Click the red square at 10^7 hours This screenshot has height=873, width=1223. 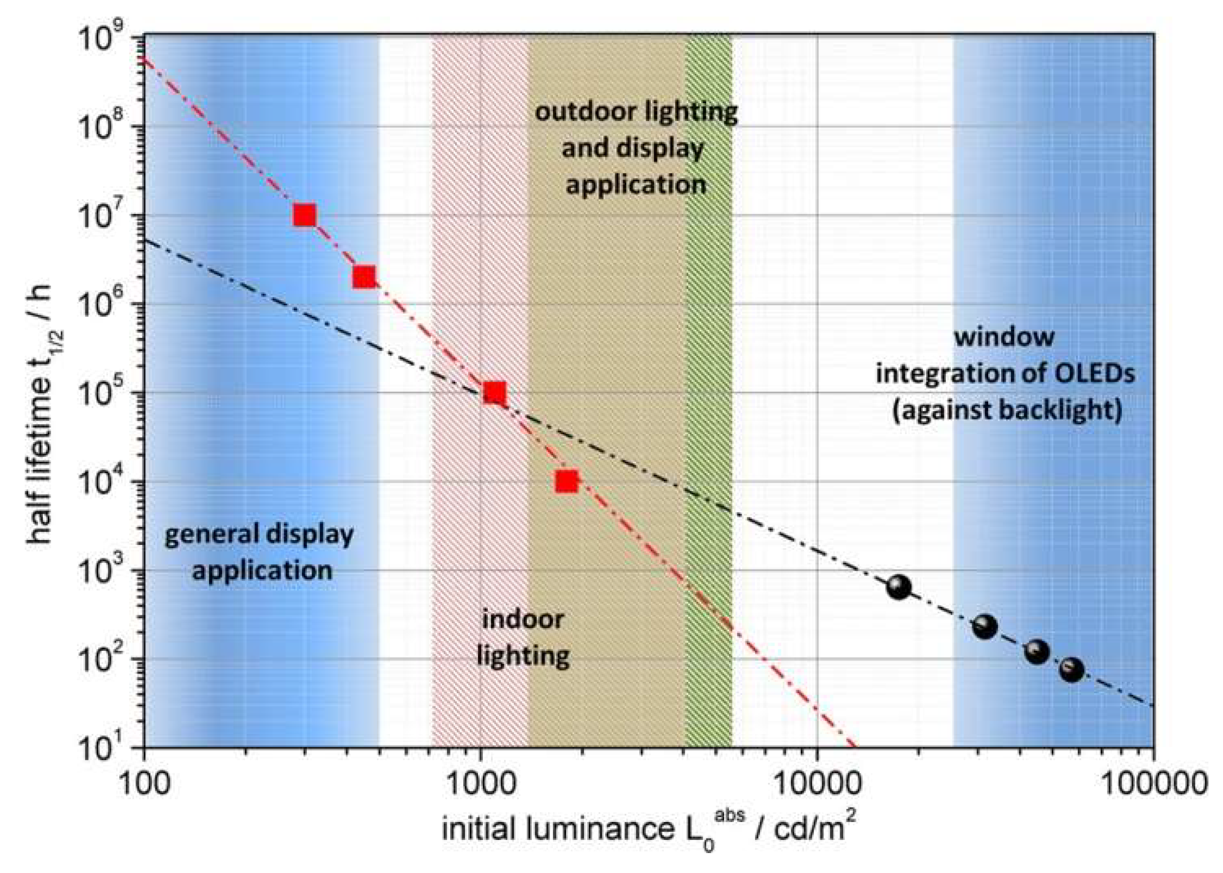pyautogui.click(x=304, y=215)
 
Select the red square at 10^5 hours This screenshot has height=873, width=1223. pyautogui.click(x=494, y=393)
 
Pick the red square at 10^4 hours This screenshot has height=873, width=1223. pyautogui.click(x=567, y=481)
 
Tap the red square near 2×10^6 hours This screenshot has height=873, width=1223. pyautogui.click(x=364, y=278)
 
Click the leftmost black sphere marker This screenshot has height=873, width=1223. pyautogui.click(x=899, y=587)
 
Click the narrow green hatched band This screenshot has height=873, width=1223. pyautogui.click(x=709, y=376)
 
